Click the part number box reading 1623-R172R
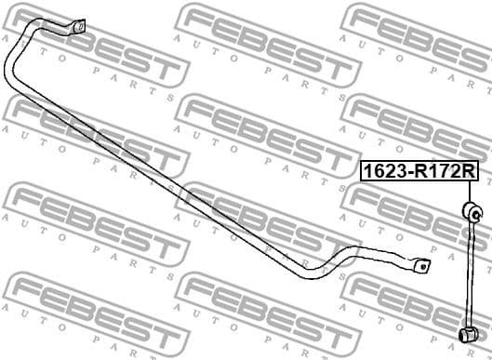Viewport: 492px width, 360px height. click(419, 172)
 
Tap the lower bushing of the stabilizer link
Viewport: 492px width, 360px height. click(471, 333)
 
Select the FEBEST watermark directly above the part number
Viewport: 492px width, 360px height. click(419, 121)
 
